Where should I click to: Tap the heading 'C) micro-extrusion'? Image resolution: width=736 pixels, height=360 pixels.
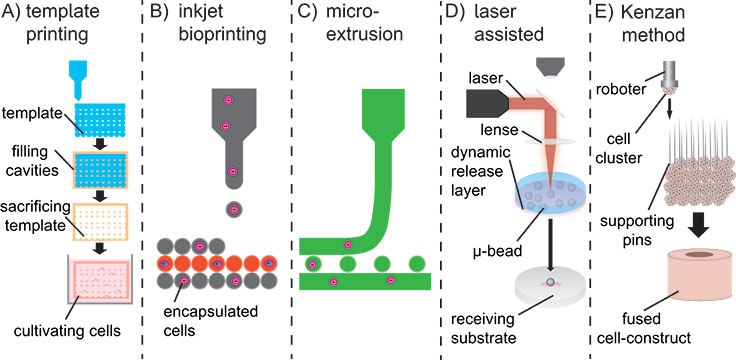pos(356,30)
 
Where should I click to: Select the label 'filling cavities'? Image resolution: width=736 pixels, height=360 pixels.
pos(34,163)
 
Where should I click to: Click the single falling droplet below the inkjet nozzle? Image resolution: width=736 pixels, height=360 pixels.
pos(233,209)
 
